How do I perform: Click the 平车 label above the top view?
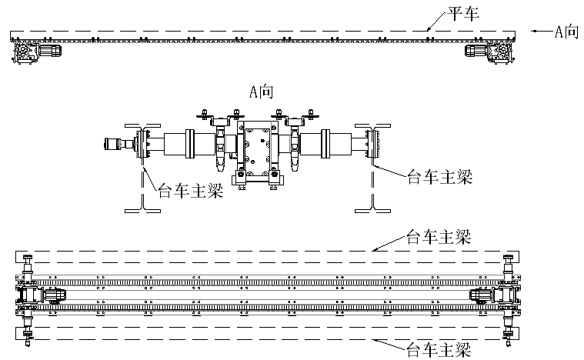pyautogui.click(x=460, y=13)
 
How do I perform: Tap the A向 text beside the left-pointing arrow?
pyautogui.click(x=566, y=32)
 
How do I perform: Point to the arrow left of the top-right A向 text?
pyautogui.click(x=539, y=32)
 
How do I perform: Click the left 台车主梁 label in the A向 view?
pyautogui.click(x=189, y=189)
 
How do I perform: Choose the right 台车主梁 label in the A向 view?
pyautogui.click(x=436, y=175)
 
